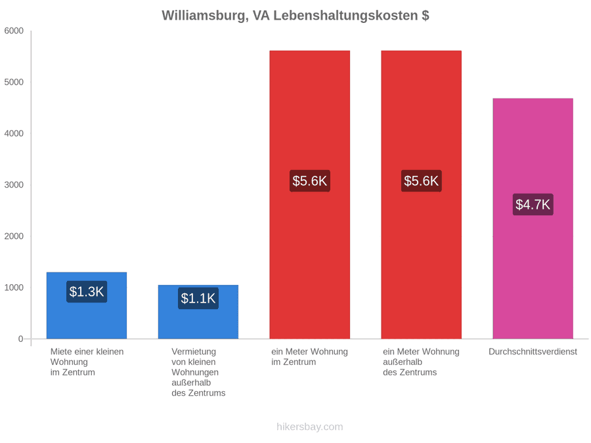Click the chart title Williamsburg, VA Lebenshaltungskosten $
point(295,16)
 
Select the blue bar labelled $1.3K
point(87,305)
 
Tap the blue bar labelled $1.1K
point(198,312)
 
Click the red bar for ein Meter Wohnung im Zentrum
point(310,195)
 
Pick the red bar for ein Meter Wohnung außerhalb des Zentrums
point(422,195)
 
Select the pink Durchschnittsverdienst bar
point(533,219)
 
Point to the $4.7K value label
point(533,205)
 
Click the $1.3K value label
point(87,291)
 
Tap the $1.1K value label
point(198,299)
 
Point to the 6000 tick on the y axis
point(14,31)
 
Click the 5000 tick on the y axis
point(14,82)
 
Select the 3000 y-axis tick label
point(14,185)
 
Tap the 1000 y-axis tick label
point(14,287)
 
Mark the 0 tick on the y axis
point(21,339)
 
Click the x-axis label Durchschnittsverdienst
point(533,352)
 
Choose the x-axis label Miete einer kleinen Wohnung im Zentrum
point(87,362)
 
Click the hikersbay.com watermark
point(310,427)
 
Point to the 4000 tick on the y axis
point(14,133)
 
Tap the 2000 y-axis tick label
point(14,236)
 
